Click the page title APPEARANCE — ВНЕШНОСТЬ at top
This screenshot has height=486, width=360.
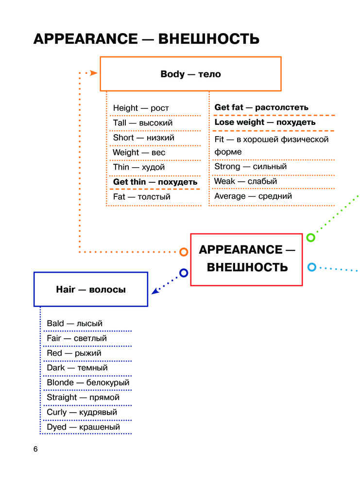146,39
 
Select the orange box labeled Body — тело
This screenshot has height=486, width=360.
190,74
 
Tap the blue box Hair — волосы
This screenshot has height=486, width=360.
91,289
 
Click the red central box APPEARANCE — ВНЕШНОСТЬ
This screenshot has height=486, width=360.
247,259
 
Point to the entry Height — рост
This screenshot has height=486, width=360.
141,108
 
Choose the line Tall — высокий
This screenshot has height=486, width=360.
142,123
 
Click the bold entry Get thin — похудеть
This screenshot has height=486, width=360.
155,182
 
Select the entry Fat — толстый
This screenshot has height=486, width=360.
141,197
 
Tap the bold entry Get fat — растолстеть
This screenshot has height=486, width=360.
261,107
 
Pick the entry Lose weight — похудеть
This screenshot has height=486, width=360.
265,122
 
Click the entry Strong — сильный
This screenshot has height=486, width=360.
251,167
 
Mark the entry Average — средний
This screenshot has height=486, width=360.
253,196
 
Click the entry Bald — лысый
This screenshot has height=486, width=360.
74,323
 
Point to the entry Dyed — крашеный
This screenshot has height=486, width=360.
83,427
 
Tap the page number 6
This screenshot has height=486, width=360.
35,449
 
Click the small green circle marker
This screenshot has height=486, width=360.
310,238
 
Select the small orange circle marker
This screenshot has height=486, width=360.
184,252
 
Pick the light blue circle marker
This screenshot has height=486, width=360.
312,267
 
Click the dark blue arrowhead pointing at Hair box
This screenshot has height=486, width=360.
155,291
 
